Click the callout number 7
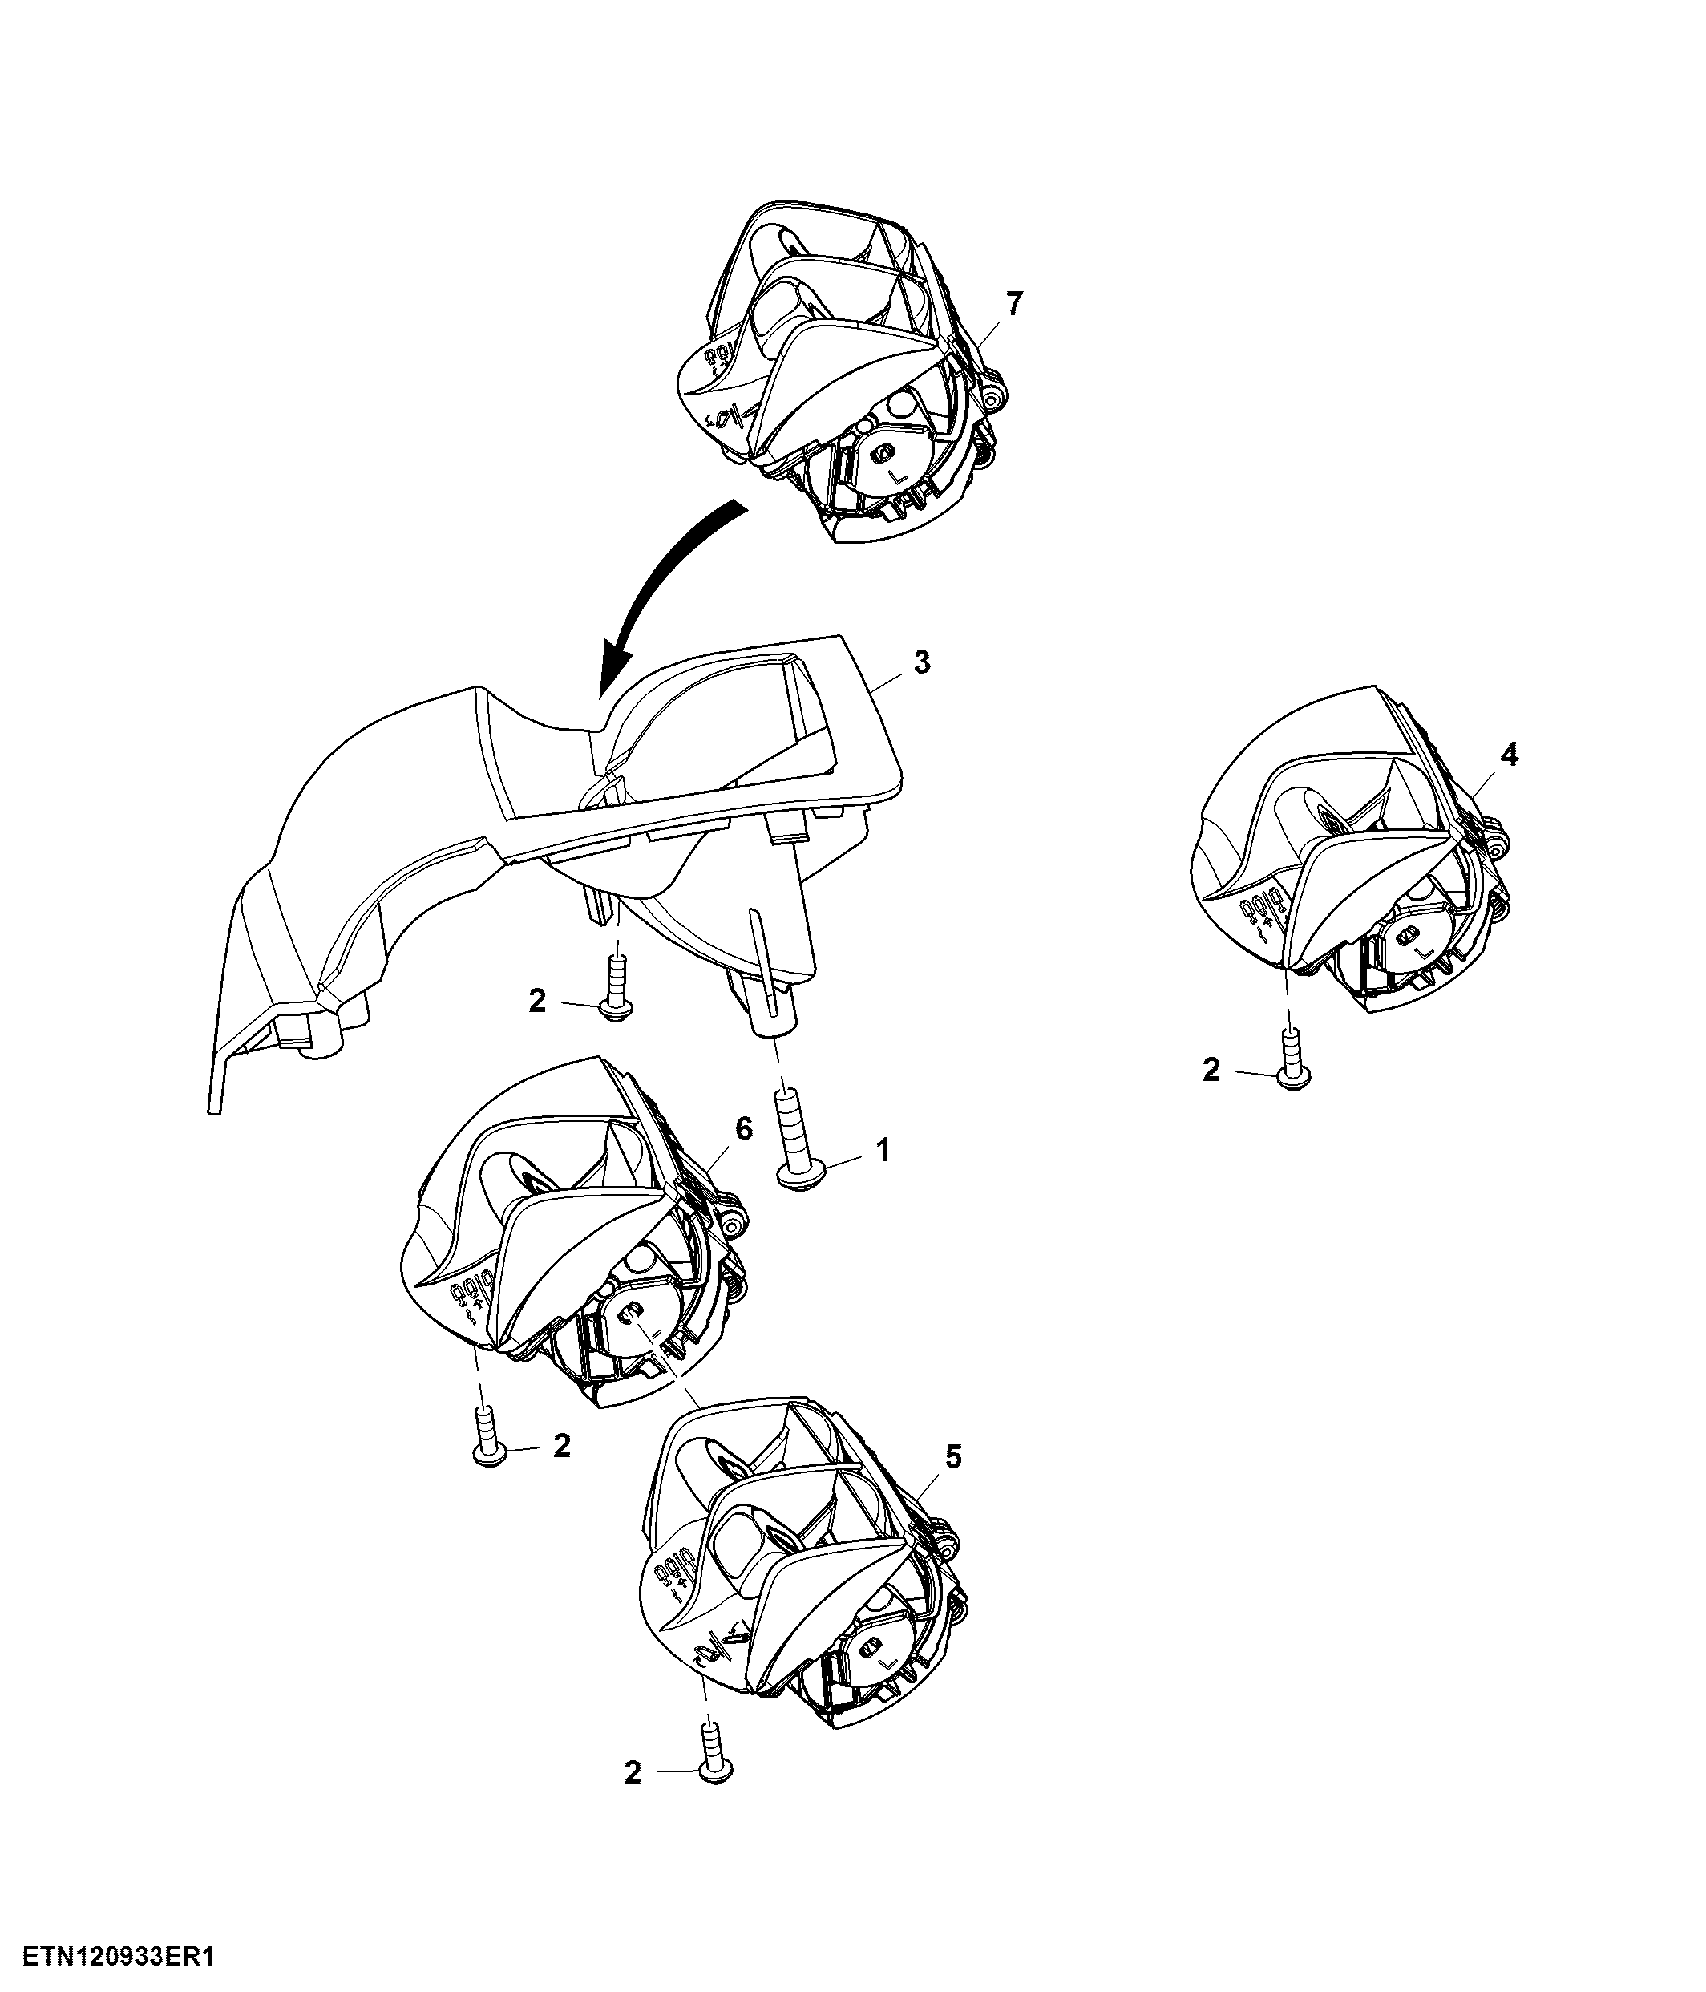tap(1015, 304)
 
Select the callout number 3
tap(922, 662)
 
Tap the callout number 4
tap(1509, 755)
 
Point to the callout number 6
tap(744, 1130)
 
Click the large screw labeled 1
tap(797, 1140)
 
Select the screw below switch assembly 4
tap(1292, 1059)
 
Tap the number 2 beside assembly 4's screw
tap(1211, 1070)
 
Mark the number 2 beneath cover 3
tap(536, 1002)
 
